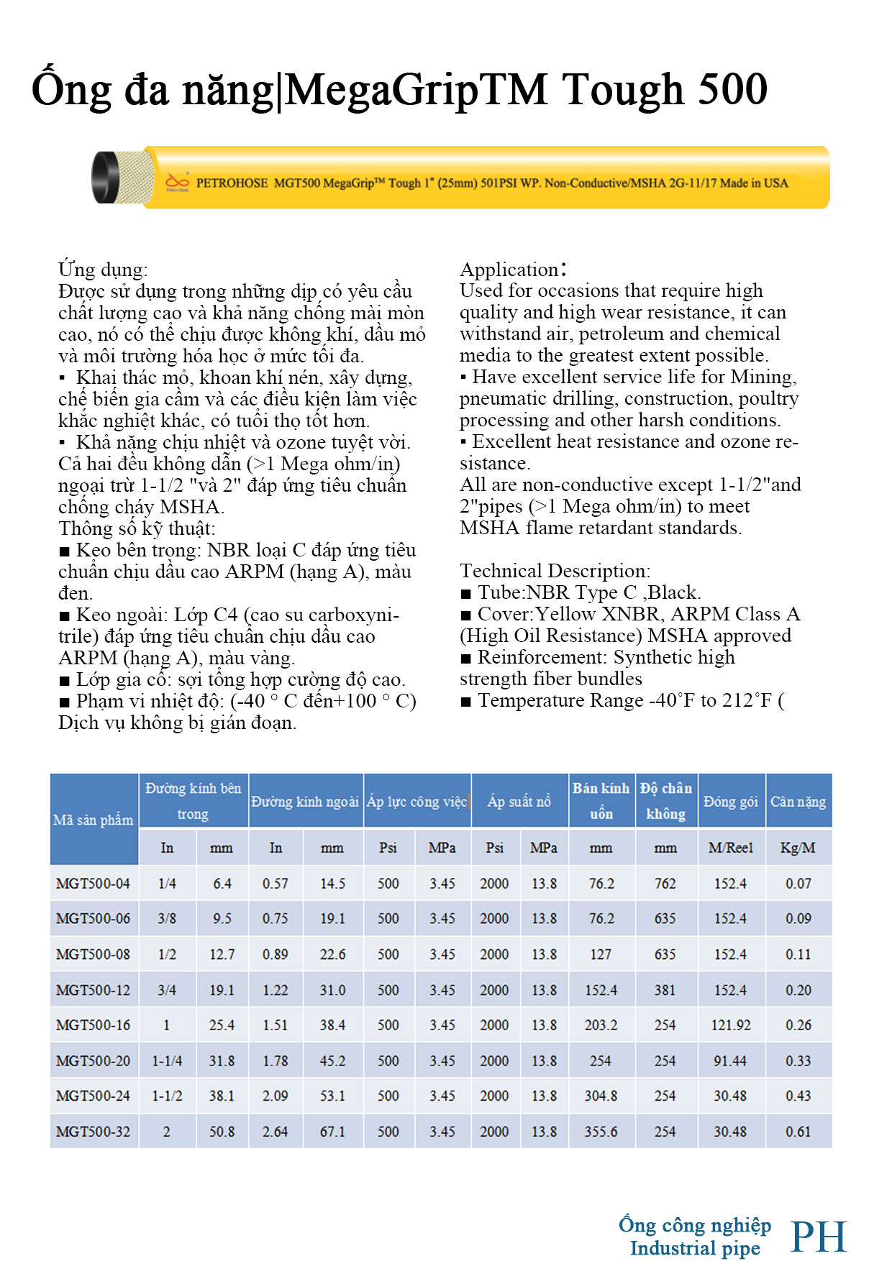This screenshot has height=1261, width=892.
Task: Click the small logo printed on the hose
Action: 177,182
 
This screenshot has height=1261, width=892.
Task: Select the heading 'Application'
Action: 510,270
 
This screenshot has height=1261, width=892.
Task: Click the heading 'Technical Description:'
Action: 555,571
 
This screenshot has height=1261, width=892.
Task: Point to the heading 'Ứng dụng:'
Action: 103,270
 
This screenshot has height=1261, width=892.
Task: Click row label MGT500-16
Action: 94,1025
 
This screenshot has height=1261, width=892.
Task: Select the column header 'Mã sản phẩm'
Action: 94,820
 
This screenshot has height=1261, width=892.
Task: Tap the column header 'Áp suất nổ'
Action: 519,801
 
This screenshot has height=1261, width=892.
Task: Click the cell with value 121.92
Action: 730,1025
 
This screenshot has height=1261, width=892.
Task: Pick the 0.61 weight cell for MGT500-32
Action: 798,1132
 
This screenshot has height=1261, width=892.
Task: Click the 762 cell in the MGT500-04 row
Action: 665,884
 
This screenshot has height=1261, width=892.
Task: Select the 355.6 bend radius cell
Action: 601,1132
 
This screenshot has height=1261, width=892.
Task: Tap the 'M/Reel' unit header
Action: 730,848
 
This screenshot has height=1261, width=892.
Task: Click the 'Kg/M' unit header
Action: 798,848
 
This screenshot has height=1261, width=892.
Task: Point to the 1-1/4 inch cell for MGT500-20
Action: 167,1061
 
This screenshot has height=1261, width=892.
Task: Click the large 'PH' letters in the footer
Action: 819,1237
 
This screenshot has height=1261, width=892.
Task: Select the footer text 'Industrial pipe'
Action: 695,1249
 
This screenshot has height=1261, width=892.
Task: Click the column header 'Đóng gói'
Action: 730,801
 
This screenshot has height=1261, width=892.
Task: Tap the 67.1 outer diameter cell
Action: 332,1132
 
